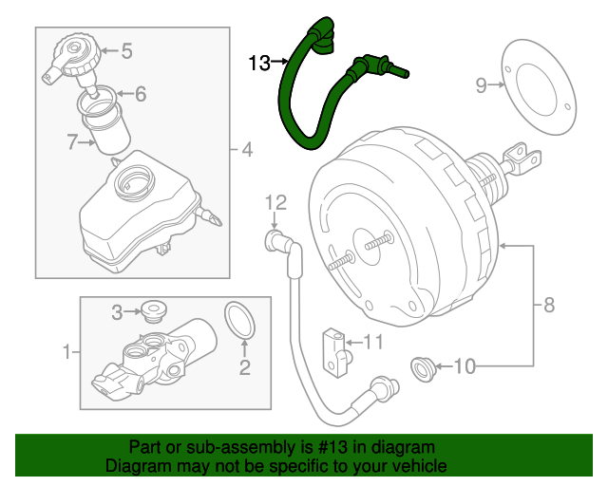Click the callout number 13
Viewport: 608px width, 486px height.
(259, 64)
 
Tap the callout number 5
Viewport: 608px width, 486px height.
(126, 51)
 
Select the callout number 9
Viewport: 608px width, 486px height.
(481, 86)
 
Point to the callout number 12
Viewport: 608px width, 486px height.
(275, 201)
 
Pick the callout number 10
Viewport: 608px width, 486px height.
(463, 364)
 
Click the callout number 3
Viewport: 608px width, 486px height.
(118, 311)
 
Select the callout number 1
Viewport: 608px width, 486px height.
(66, 353)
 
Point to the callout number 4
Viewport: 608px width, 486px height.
(246, 149)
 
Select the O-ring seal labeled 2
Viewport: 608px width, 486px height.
(241, 321)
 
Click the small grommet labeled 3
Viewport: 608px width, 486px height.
(151, 308)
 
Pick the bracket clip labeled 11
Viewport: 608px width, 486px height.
(335, 346)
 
